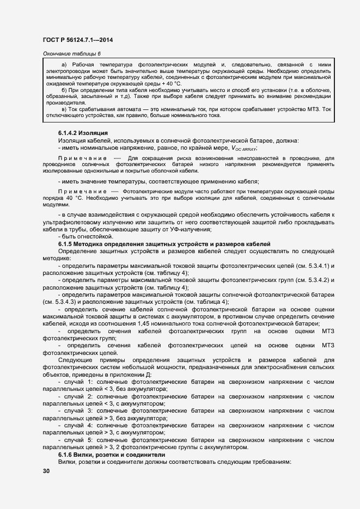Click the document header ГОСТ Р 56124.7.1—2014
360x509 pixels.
[x=77, y=39]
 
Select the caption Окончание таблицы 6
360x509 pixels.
[x=71, y=53]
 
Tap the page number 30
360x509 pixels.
[x=46, y=471]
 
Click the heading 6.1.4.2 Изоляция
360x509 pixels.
[x=83, y=133]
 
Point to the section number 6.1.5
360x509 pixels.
[x=68, y=243]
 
